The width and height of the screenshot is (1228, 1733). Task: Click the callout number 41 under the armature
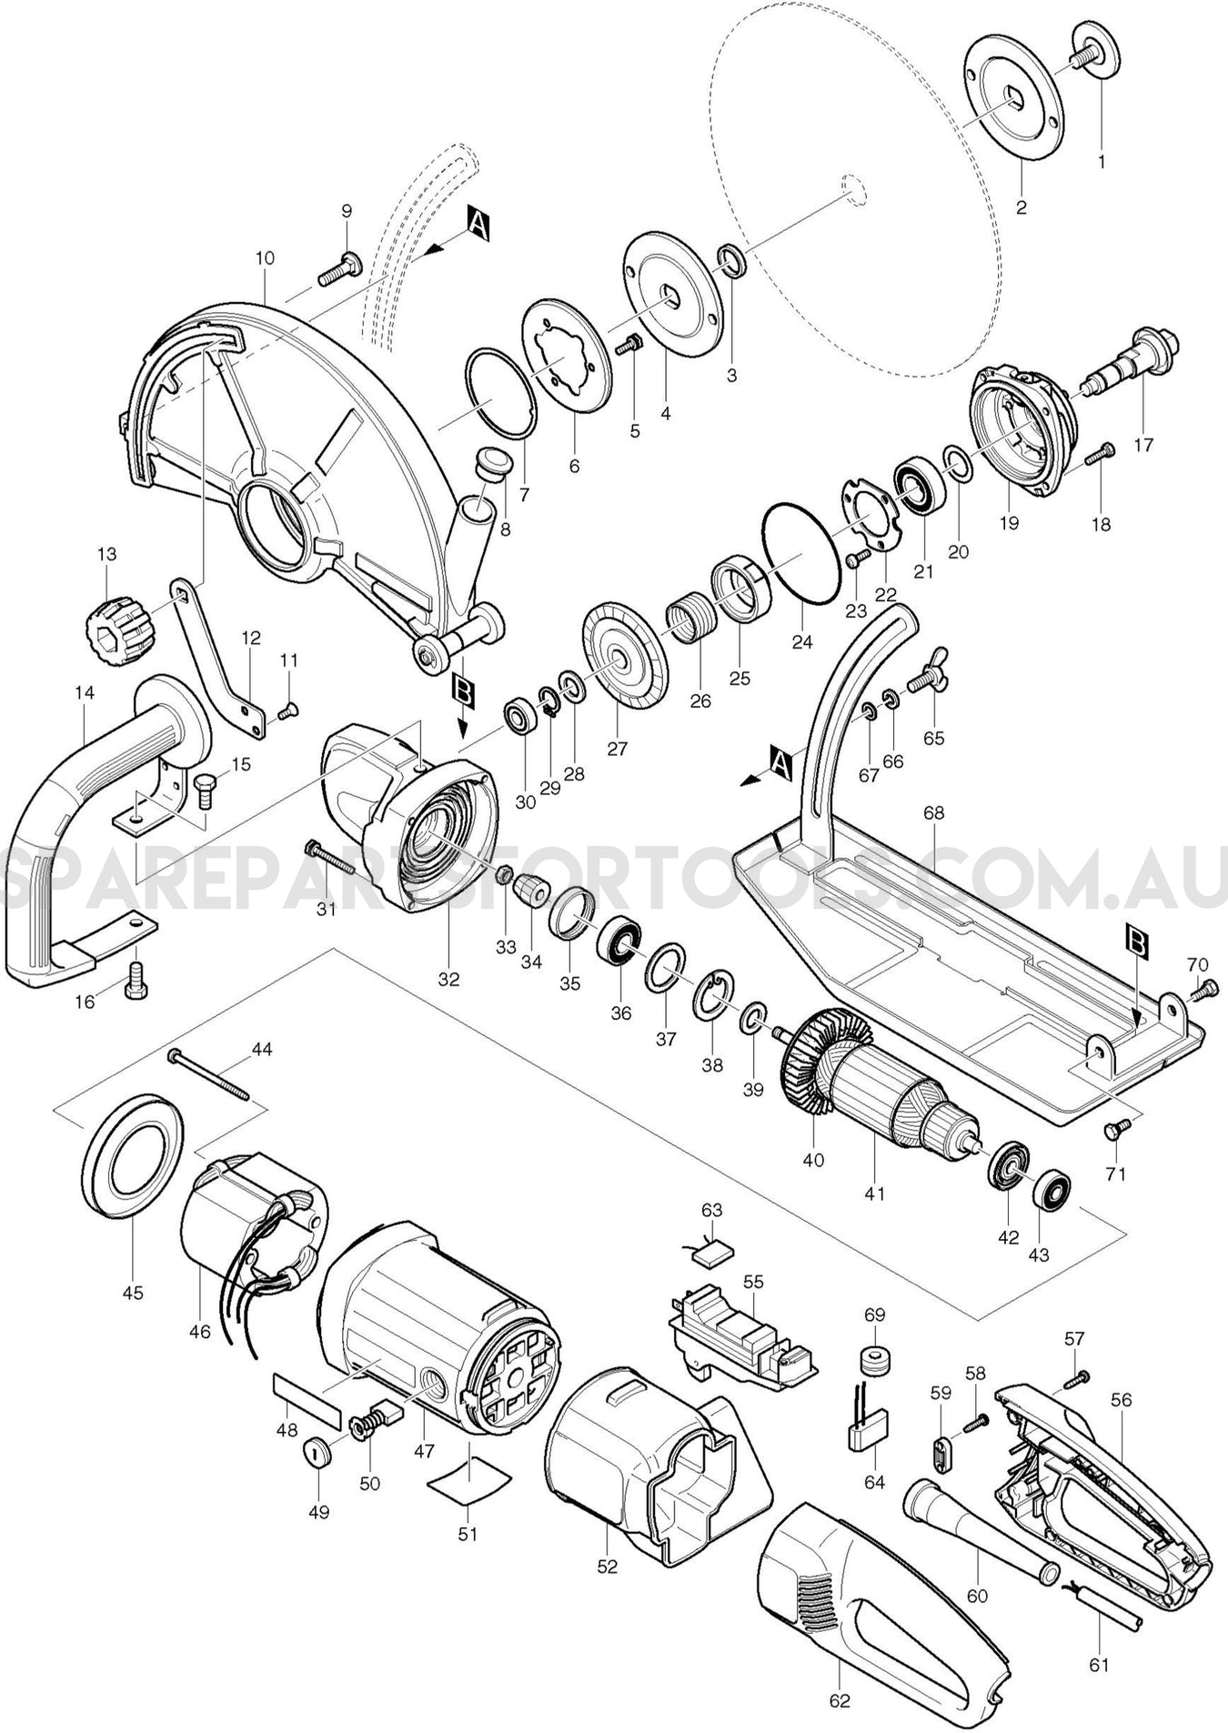pos(874,1193)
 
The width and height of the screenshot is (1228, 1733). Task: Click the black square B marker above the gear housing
pos(463,692)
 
